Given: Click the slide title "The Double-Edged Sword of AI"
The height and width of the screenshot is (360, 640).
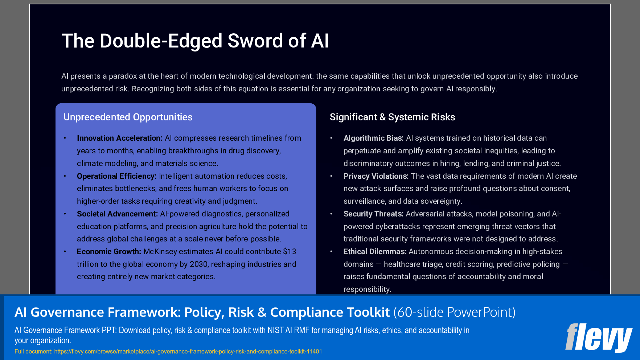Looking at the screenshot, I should pos(195,41).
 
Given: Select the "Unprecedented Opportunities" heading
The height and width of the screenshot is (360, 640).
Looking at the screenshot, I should pos(128,117).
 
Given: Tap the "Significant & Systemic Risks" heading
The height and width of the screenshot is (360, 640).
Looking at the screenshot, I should pos(392,117).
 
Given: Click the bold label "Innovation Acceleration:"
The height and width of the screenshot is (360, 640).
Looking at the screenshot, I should pos(119,138).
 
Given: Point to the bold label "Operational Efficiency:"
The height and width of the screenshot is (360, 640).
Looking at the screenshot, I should pos(116,176).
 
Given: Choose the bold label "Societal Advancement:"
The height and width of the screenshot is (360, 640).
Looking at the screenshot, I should pos(117,214).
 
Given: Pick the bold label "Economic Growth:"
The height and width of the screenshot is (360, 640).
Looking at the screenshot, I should pos(109,252).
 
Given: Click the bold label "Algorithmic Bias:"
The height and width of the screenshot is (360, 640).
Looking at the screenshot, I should pos(373,138).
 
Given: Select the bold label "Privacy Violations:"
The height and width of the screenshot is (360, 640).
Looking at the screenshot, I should pos(376,176).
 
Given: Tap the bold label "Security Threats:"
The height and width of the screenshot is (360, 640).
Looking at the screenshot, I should pos(373,214).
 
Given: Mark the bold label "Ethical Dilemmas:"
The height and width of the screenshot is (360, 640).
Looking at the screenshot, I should pos(375,252).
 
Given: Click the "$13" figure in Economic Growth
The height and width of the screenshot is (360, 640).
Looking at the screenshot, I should pos(290,252).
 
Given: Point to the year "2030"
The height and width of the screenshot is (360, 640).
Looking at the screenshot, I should pos(199,264).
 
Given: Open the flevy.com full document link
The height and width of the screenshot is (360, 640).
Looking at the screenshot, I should pos(188,351).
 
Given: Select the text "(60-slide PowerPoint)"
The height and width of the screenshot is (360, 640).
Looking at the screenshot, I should pos(454,312).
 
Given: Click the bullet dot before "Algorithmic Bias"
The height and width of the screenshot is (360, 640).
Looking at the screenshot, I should pos(331,138).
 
